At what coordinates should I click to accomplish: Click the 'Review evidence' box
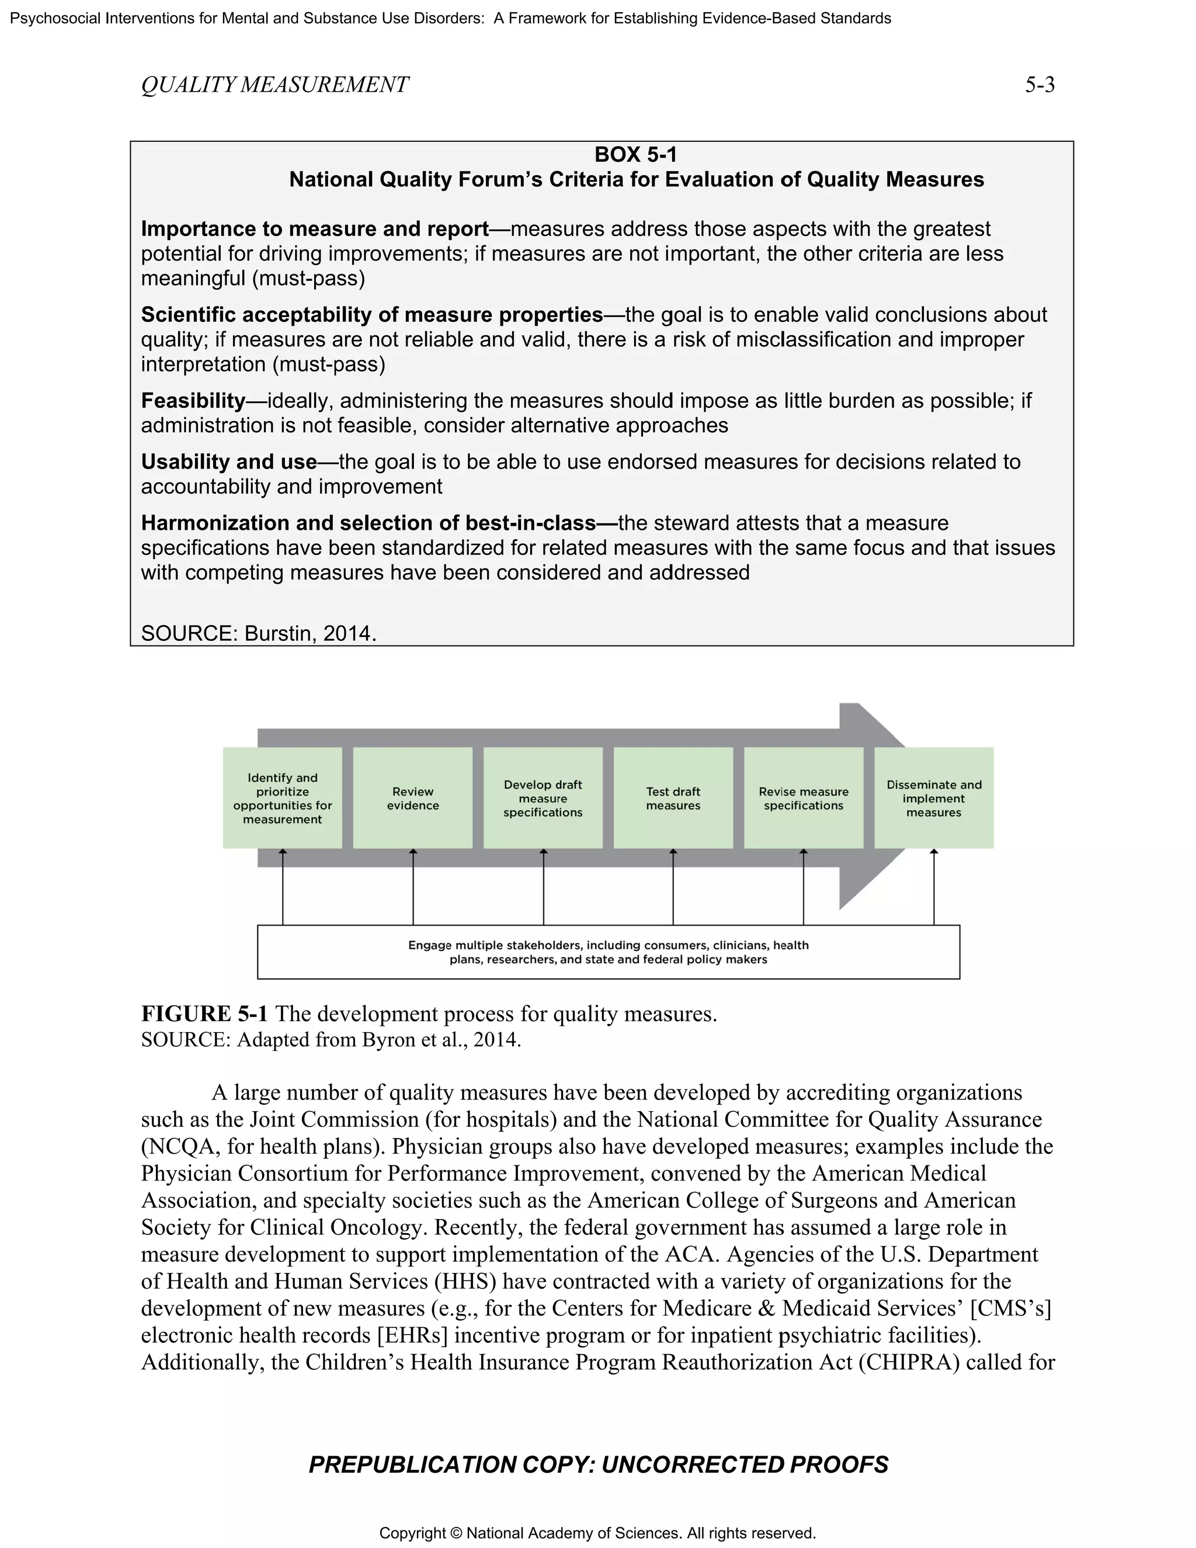(412, 797)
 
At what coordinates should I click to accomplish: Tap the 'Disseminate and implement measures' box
(933, 797)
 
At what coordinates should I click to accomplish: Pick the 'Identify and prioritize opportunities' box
(282, 797)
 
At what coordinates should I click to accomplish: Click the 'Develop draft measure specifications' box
(543, 797)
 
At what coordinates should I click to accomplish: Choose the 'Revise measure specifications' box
(803, 797)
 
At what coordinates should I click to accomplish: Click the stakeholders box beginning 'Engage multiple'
(608, 952)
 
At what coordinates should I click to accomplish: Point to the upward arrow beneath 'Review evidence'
(413, 886)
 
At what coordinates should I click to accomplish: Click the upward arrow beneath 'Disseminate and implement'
(934, 886)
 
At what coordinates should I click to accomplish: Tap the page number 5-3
(1039, 85)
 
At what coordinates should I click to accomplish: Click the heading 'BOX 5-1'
(635, 155)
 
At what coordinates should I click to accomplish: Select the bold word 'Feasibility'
(193, 401)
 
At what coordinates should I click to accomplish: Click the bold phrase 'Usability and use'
(228, 461)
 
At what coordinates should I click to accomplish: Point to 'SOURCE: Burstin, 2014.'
(258, 633)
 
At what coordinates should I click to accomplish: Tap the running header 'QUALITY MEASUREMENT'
(274, 85)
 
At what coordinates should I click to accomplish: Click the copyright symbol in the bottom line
(456, 1533)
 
